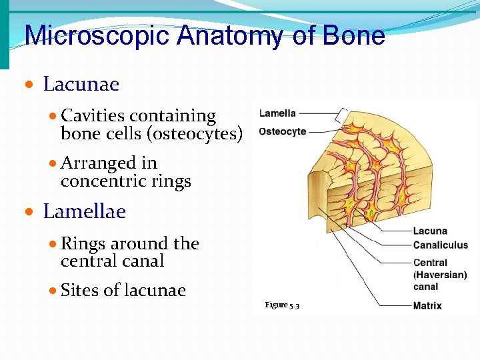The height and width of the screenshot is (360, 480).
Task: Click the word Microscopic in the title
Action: tap(97, 35)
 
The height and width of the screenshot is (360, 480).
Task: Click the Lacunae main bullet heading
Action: tap(81, 85)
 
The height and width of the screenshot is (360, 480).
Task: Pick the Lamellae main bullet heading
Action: tap(84, 212)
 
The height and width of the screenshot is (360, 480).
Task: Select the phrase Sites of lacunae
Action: tap(123, 291)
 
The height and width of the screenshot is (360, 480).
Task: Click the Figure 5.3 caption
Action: tap(282, 305)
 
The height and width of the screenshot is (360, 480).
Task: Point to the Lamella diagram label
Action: tap(277, 113)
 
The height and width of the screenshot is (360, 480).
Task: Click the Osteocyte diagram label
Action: tap(283, 131)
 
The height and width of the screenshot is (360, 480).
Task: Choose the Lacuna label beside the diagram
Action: tap(430, 231)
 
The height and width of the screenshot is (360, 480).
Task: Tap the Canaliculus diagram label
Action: tap(440, 245)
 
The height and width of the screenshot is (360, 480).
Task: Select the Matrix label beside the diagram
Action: tap(427, 306)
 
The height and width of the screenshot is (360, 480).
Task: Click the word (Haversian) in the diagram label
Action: tap(440, 275)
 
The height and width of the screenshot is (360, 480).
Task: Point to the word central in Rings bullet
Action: tap(85, 261)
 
